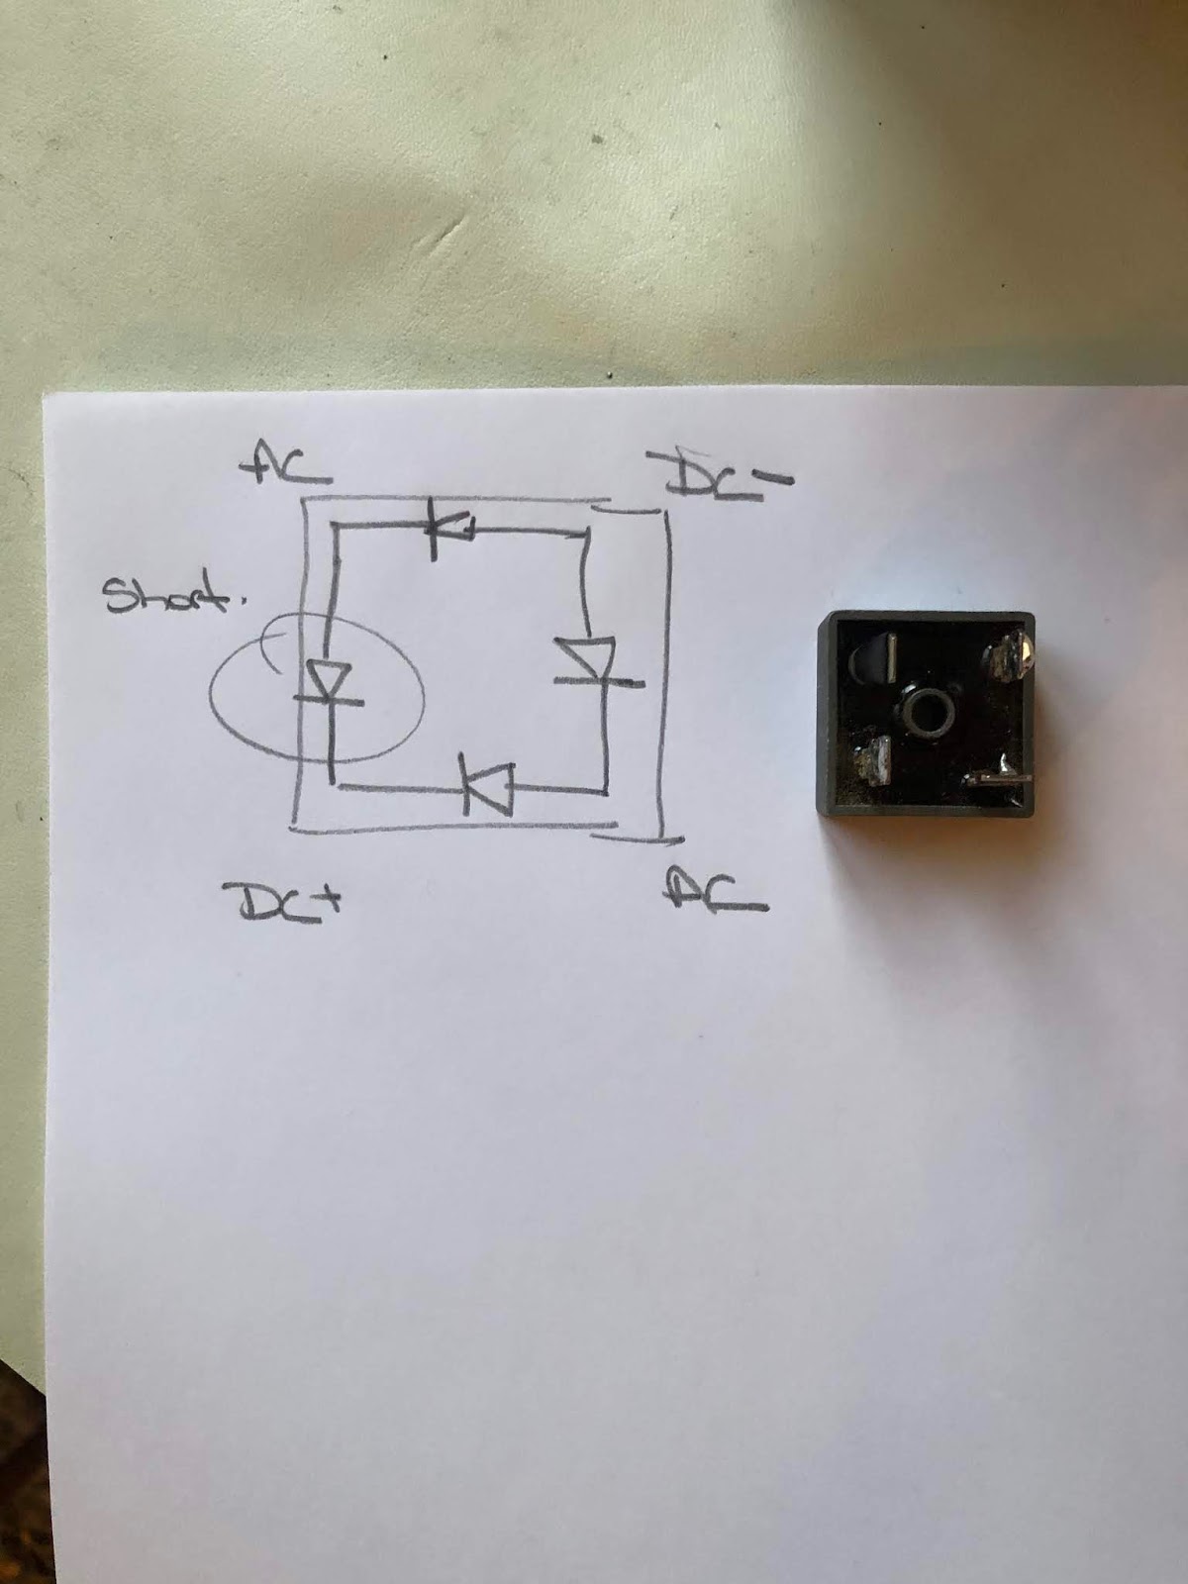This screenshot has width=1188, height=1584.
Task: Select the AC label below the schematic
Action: (x=715, y=892)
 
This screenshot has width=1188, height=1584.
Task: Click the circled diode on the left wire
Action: (x=329, y=683)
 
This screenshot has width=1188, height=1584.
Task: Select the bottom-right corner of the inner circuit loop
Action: (x=604, y=791)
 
